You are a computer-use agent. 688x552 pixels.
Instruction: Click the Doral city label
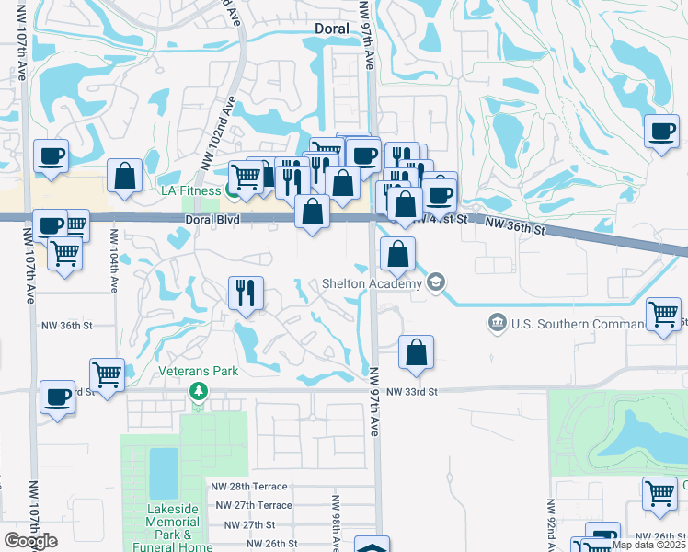pyautogui.click(x=331, y=29)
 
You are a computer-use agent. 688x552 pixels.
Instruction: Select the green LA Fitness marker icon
pyautogui.click(x=233, y=190)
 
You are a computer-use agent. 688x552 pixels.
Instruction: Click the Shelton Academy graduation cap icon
pyautogui.click(x=436, y=282)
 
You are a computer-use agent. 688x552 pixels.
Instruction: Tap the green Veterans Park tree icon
pyautogui.click(x=198, y=391)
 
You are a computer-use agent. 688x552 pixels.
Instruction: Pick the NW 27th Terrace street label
pyautogui.click(x=253, y=505)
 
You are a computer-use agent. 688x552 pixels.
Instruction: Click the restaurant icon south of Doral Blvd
pyautogui.click(x=246, y=293)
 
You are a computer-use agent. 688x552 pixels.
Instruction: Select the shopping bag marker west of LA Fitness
pyautogui.click(x=124, y=177)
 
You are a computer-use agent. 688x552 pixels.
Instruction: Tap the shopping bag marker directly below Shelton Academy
pyautogui.click(x=417, y=352)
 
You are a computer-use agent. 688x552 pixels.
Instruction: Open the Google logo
pyautogui.click(x=30, y=541)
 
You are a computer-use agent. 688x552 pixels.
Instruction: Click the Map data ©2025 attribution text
pyautogui.click(x=649, y=545)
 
